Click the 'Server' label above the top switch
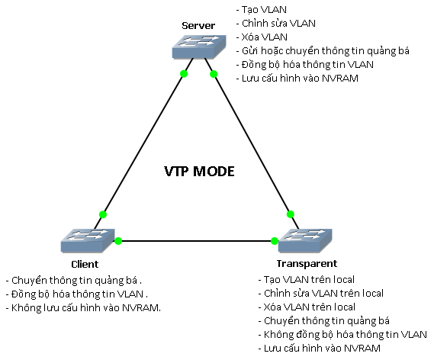[x=198, y=26]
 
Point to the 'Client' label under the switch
[x=85, y=264]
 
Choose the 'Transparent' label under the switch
[x=302, y=264]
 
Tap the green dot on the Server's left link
[x=183, y=74]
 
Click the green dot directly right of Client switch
[x=118, y=241]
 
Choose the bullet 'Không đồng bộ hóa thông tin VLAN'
[x=342, y=334]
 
